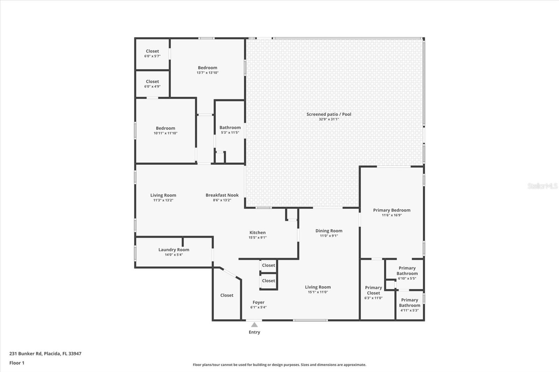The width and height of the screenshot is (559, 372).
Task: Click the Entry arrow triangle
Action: (x=254, y=325)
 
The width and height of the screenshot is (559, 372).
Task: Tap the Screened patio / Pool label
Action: (x=329, y=114)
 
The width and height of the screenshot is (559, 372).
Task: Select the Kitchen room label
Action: (x=257, y=232)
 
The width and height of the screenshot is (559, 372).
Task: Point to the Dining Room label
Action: (x=329, y=231)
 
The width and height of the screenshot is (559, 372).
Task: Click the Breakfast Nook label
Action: (x=222, y=195)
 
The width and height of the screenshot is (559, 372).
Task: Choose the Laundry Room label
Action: (x=174, y=250)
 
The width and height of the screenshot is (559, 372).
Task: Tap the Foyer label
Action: (x=258, y=303)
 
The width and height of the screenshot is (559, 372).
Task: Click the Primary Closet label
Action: (x=373, y=290)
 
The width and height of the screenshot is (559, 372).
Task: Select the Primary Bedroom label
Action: (x=392, y=210)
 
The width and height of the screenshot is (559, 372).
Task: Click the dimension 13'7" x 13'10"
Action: (x=208, y=73)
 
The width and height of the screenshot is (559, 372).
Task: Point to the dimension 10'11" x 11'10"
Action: (x=166, y=133)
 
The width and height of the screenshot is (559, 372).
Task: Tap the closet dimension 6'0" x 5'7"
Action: (x=152, y=56)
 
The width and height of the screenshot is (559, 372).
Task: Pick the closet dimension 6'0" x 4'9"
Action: (x=152, y=87)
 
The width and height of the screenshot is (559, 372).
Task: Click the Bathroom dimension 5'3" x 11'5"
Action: (x=230, y=133)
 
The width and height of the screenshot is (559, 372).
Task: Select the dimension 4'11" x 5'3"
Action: (x=409, y=311)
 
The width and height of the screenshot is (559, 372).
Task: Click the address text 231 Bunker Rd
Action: (x=26, y=354)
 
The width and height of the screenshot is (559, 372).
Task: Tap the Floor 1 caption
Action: (x=17, y=363)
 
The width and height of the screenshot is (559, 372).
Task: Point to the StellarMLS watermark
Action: (x=543, y=186)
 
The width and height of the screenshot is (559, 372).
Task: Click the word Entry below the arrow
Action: (x=254, y=332)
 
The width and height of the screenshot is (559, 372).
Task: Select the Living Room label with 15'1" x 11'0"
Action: (x=318, y=287)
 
